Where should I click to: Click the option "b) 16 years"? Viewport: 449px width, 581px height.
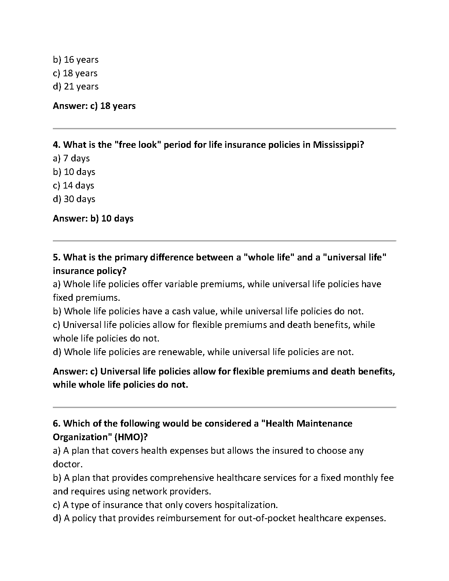pyautogui.click(x=76, y=59)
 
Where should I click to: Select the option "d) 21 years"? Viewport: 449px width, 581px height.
pyautogui.click(x=76, y=87)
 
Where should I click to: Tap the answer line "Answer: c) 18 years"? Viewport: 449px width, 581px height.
pyautogui.click(x=94, y=106)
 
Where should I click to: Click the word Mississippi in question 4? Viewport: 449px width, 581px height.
pyautogui.click(x=338, y=145)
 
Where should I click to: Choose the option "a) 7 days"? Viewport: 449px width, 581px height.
pyautogui.click(x=71, y=158)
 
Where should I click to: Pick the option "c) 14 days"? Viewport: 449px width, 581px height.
pyautogui.click(x=73, y=186)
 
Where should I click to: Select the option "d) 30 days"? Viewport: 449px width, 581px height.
pyautogui.click(x=74, y=199)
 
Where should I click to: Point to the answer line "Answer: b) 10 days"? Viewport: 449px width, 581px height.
pyautogui.click(x=93, y=219)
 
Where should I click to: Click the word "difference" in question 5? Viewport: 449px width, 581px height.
pyautogui.click(x=171, y=257)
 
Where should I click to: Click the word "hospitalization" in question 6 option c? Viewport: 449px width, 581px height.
pyautogui.click(x=246, y=505)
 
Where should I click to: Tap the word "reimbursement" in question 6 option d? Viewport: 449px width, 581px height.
pyautogui.click(x=189, y=519)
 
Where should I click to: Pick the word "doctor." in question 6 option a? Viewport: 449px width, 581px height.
pyautogui.click(x=68, y=464)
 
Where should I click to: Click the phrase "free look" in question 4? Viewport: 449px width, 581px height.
pyautogui.click(x=139, y=145)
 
